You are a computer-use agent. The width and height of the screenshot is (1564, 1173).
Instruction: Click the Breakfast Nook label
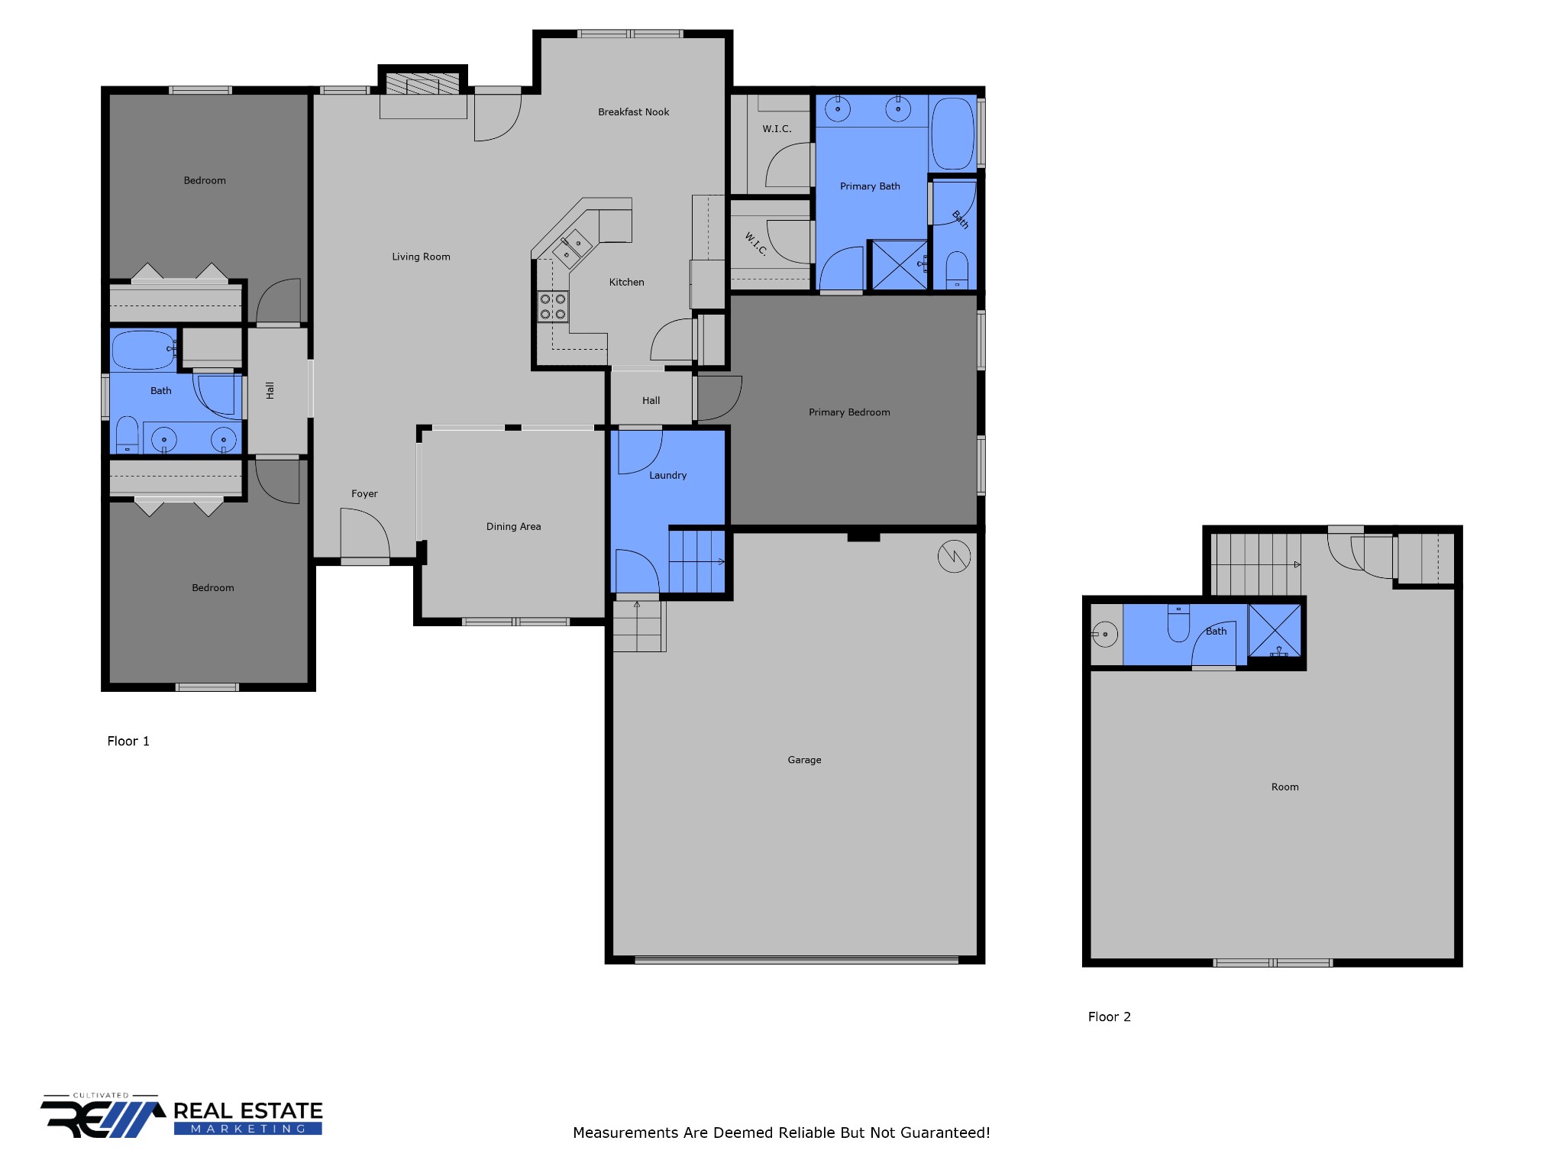633,112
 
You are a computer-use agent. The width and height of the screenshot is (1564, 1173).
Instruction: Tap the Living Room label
421,257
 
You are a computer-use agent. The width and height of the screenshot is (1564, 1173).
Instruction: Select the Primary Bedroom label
849,412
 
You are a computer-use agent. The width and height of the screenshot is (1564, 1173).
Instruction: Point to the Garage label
804,760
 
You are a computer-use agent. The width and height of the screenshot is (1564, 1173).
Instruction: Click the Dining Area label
513,526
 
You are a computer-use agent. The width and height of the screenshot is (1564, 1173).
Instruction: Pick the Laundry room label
667,475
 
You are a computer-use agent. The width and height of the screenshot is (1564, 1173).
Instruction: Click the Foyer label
364,494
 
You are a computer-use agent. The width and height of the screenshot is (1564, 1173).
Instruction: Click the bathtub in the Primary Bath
953,134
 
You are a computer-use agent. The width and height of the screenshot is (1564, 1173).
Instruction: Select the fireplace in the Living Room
423,83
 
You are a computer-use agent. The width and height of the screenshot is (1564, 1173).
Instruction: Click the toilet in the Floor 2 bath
1178,623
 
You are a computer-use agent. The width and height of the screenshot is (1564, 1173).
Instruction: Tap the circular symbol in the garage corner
954,557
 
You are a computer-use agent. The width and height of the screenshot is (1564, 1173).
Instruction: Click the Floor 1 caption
128,741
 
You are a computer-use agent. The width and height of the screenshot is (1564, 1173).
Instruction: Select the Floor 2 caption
1109,1016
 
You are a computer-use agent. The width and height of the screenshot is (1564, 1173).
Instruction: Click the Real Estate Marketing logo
182,1116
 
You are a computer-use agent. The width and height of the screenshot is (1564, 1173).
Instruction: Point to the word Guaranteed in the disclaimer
945,1133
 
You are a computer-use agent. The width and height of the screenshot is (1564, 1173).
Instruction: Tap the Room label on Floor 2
1284,787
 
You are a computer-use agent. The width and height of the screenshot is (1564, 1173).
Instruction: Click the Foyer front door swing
365,535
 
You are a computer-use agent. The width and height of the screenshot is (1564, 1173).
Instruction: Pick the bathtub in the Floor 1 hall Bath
144,350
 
